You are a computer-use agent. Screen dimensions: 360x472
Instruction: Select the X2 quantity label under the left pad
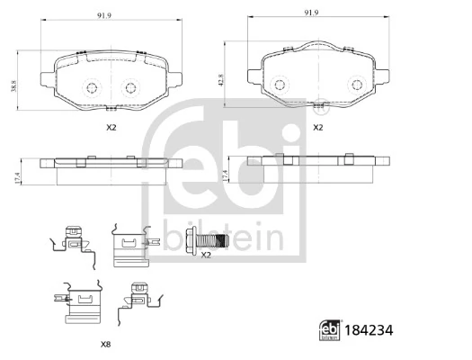111,128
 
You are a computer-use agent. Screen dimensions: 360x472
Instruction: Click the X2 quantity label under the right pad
316,128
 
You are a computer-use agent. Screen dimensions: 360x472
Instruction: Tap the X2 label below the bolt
205,256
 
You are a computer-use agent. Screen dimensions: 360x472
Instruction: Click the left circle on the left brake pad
91,88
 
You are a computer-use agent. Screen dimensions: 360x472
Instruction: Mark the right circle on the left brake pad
130,88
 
